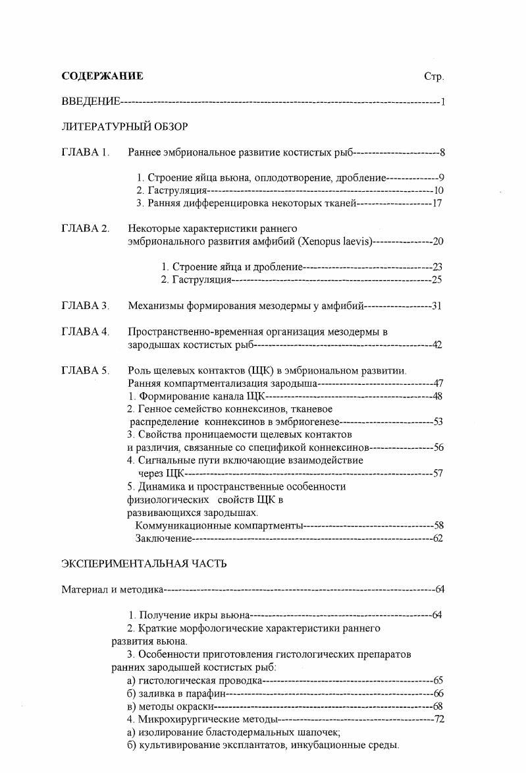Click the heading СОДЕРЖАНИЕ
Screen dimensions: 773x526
(x=102, y=76)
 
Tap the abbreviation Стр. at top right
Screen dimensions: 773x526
(x=434, y=77)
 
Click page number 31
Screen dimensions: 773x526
(x=436, y=306)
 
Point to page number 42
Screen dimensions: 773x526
(x=436, y=345)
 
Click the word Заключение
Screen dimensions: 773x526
(x=163, y=538)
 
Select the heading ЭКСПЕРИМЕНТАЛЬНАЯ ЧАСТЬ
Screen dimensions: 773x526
(x=144, y=563)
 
